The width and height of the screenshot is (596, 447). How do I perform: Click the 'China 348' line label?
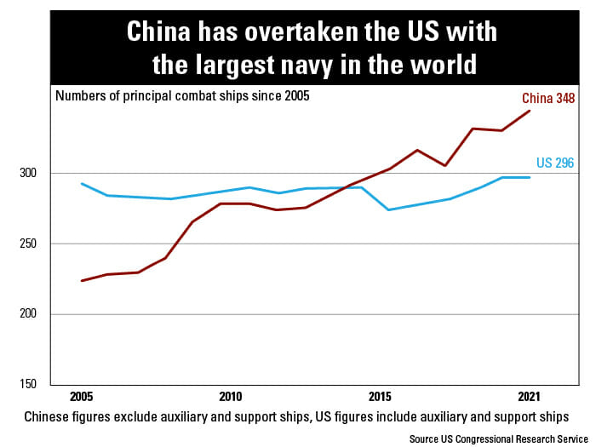point(548,99)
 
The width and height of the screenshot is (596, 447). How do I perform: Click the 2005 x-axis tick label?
point(82,397)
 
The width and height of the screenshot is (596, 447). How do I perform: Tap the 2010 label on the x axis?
point(230,397)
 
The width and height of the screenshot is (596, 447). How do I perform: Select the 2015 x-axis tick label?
point(380,397)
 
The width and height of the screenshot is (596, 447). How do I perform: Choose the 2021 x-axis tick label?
point(529,397)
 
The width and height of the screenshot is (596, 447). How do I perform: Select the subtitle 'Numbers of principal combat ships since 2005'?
point(182,95)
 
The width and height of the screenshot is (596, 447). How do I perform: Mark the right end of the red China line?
point(530,111)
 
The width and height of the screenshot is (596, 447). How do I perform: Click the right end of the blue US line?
point(530,177)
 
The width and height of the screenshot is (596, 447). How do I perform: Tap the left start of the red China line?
point(82,280)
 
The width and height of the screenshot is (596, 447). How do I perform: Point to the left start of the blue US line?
point(82,183)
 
